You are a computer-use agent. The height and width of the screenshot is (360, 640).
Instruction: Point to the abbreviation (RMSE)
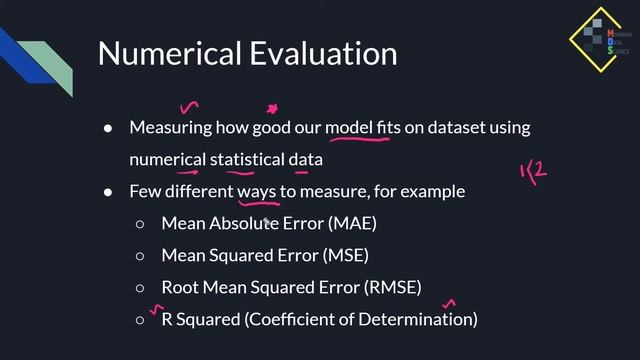(x=393, y=287)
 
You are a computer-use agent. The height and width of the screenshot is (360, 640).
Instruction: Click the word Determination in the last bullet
(x=424, y=319)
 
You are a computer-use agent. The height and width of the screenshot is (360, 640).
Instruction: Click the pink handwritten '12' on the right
(x=533, y=172)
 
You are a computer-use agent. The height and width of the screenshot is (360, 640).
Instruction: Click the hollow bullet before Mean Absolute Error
(x=141, y=223)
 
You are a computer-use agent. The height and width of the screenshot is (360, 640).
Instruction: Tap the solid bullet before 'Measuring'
(x=109, y=128)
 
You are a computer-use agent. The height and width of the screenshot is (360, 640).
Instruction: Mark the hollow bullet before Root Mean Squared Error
(x=141, y=287)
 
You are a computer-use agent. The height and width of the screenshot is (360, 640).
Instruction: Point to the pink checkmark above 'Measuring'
(x=188, y=105)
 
